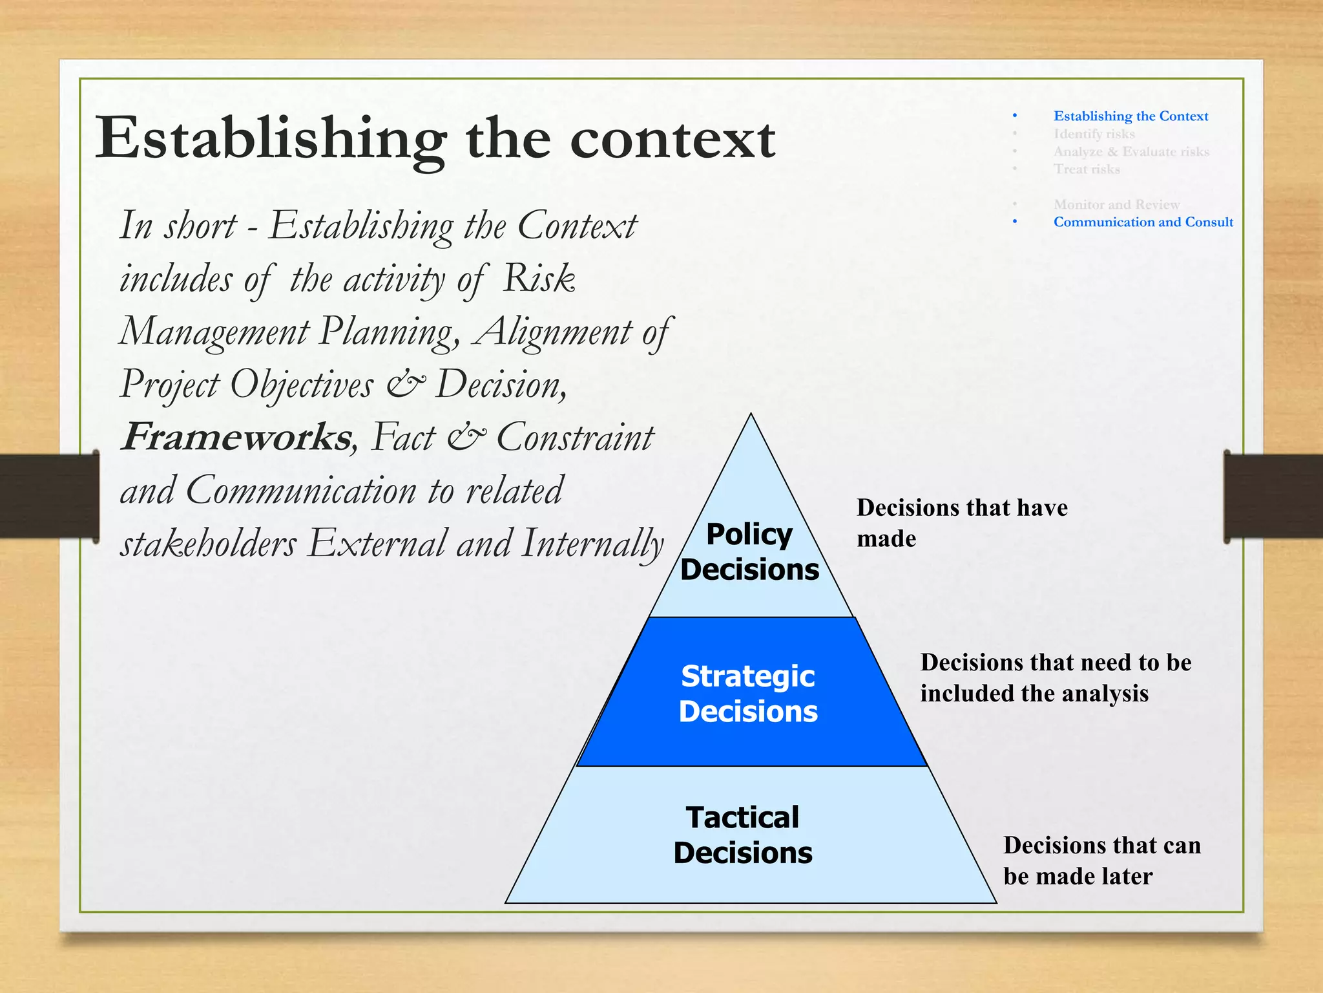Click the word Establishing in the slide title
point(271,138)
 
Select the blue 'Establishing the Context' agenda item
point(1130,116)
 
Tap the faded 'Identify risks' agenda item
point(1094,134)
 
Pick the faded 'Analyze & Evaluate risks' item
point(1130,151)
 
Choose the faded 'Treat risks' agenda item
point(1087,169)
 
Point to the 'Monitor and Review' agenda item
point(1116,204)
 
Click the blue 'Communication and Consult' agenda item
point(1143,222)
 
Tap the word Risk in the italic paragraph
point(539,278)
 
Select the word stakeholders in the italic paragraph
point(208,543)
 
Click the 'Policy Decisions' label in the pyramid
point(749,551)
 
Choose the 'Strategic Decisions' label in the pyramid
point(748,694)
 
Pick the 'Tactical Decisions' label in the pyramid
point(743,835)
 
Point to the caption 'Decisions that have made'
point(961,522)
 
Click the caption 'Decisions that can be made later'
point(1101,860)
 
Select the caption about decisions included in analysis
point(1055,678)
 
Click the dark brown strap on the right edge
point(1273,496)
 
